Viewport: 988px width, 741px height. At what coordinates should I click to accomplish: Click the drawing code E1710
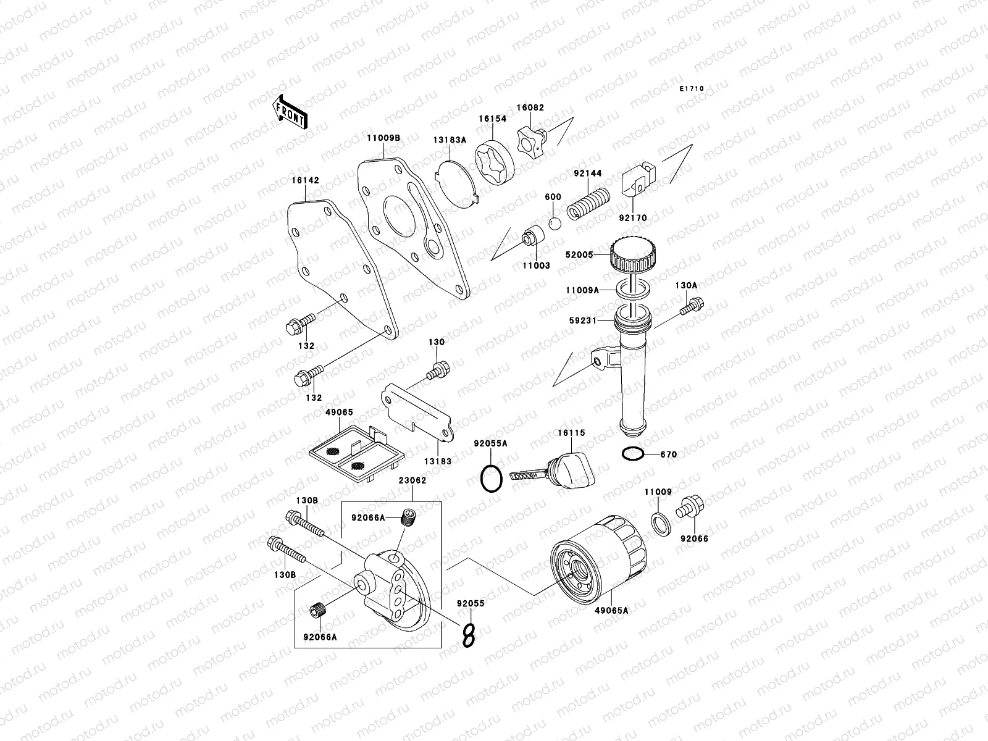(692, 89)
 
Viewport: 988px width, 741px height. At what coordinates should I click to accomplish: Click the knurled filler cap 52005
(632, 255)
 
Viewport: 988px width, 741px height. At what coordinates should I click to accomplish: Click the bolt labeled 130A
(692, 306)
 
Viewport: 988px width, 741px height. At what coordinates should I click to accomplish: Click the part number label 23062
(411, 480)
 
